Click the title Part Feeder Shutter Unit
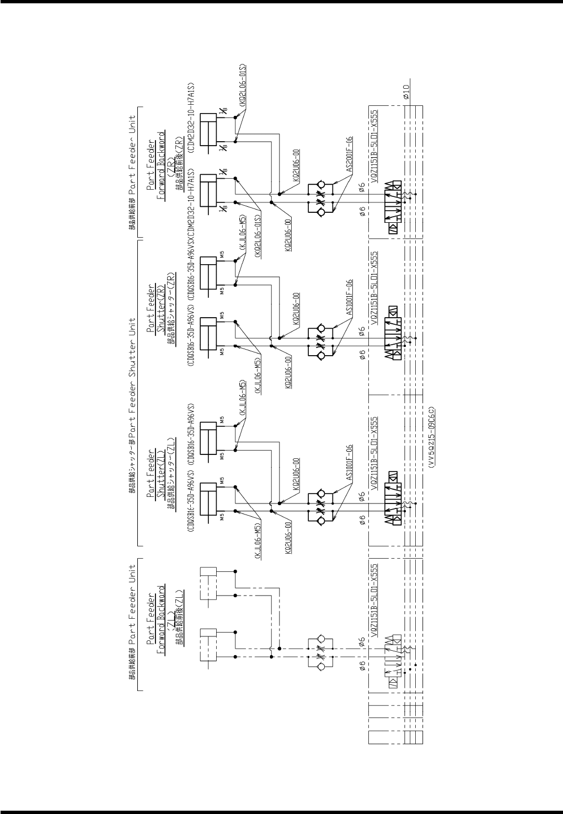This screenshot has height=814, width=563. [x=133, y=374]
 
